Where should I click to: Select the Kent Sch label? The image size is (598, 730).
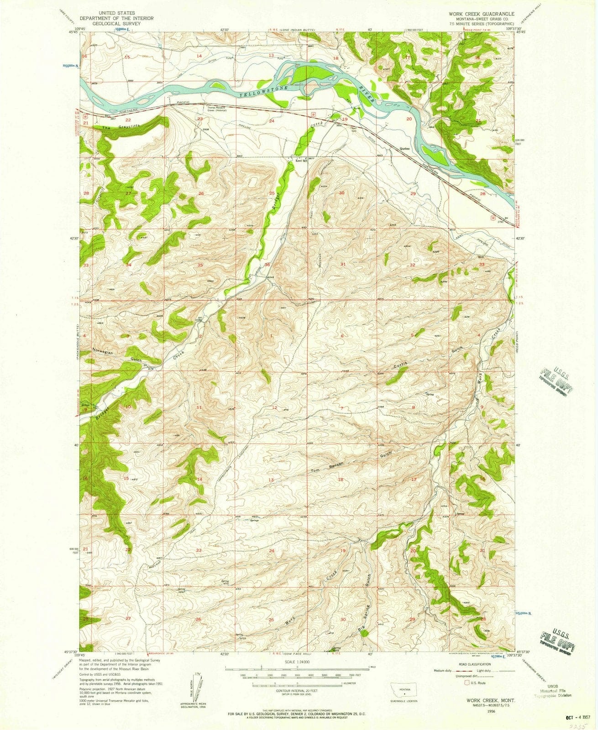[299, 161]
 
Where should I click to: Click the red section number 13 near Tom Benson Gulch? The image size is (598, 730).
[271, 480]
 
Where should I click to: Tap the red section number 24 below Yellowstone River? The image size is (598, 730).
[272, 121]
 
